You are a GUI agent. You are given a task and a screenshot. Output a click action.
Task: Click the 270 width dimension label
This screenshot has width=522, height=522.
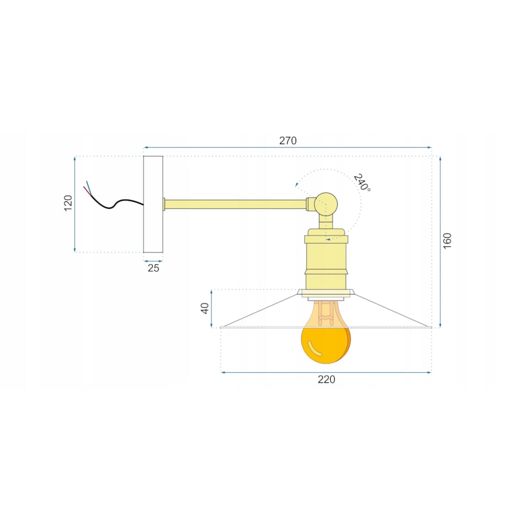point(288,141)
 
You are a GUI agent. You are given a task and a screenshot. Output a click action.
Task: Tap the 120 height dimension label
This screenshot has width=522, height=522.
point(68,203)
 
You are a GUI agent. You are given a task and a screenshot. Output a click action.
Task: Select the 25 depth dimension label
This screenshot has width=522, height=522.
point(153,268)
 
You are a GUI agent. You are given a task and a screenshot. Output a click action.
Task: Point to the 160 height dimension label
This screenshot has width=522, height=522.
point(447,241)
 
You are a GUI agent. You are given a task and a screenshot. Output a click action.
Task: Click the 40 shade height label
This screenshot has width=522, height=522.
point(205,308)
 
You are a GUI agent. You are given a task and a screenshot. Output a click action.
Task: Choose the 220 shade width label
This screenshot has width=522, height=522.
point(326,380)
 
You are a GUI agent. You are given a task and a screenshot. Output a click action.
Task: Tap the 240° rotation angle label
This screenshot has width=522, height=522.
point(362,183)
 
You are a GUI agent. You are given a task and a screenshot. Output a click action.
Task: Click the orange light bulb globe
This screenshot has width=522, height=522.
point(325,344)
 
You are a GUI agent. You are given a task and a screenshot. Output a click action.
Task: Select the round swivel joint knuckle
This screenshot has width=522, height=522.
point(326,204)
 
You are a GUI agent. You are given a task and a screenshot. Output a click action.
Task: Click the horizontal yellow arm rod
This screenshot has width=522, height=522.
point(235,204)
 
